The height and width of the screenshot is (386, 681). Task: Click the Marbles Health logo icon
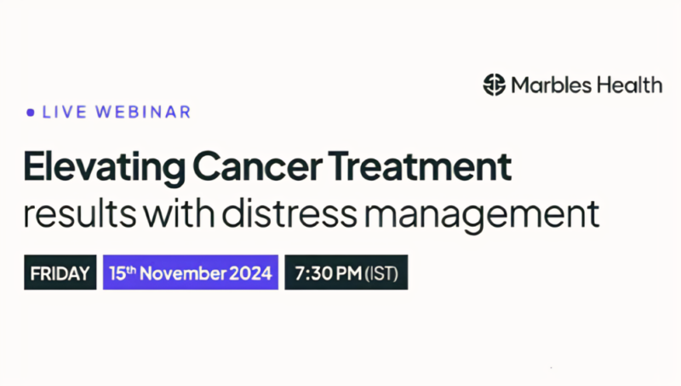coord(495,84)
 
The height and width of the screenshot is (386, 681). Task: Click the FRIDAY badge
coord(60,274)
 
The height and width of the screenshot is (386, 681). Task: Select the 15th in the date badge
coord(125,273)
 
